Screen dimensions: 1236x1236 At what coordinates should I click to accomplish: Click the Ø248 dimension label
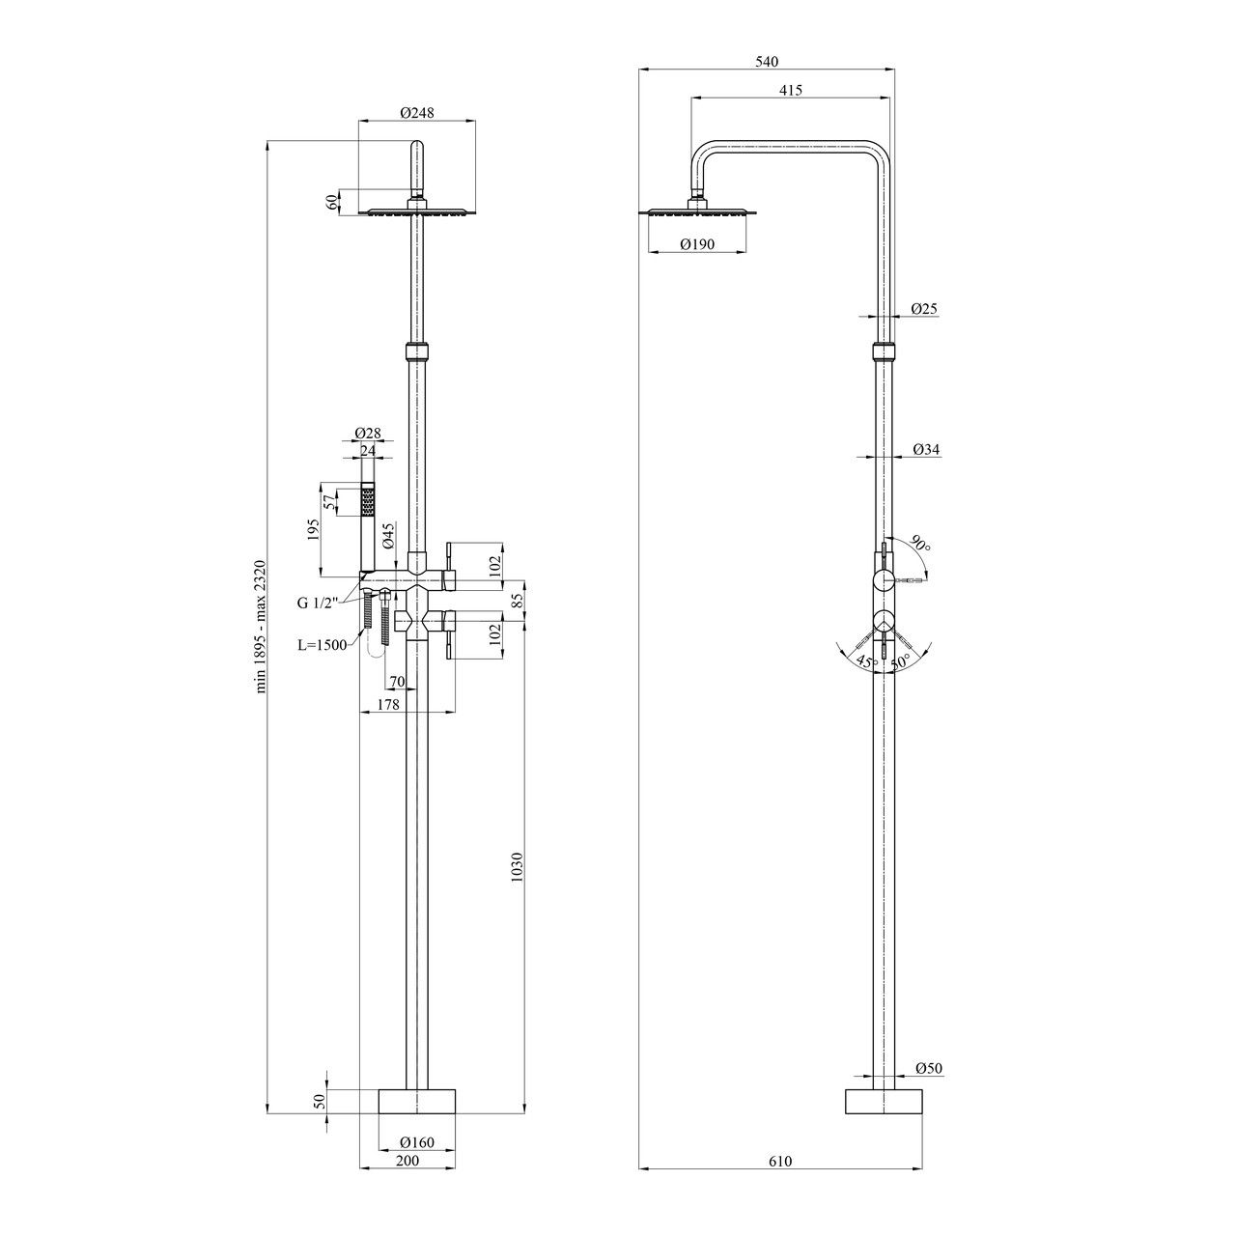[417, 113]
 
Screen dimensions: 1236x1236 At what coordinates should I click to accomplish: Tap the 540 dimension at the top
[767, 62]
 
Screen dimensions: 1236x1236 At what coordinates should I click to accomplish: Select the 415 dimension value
[791, 91]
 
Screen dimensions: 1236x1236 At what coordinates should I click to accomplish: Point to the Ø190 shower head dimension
[697, 244]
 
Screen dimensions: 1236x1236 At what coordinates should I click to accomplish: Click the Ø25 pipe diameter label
[924, 309]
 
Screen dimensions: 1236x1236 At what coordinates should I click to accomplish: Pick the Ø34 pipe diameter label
[926, 450]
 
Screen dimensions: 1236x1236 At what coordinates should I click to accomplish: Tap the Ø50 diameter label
[929, 1069]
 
